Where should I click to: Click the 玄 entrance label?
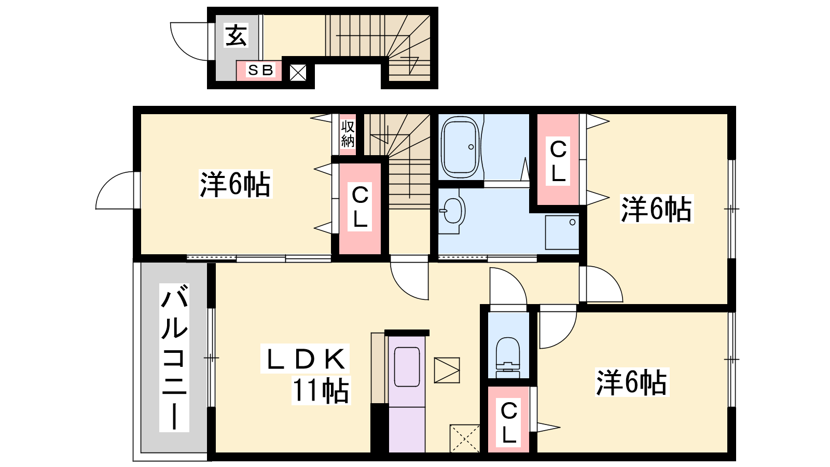(x=236, y=36)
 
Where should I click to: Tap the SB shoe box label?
(x=260, y=70)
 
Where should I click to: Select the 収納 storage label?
(x=348, y=134)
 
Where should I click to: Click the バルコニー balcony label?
(x=174, y=358)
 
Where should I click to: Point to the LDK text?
(x=305, y=359)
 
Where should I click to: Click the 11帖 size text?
(x=321, y=391)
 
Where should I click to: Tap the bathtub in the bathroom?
(x=460, y=147)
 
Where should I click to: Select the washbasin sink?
(x=452, y=211)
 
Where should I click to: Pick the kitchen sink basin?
(x=407, y=367)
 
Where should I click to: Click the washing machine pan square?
(x=562, y=232)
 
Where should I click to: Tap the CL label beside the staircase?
(x=360, y=207)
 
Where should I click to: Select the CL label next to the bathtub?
(x=558, y=161)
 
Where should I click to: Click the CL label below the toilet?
(x=509, y=422)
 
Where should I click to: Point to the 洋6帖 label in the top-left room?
(x=236, y=184)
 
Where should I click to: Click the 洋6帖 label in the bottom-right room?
(x=632, y=382)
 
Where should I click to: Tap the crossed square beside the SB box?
(x=298, y=73)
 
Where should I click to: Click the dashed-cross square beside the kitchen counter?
(x=465, y=438)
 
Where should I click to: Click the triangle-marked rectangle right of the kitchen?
(x=447, y=370)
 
